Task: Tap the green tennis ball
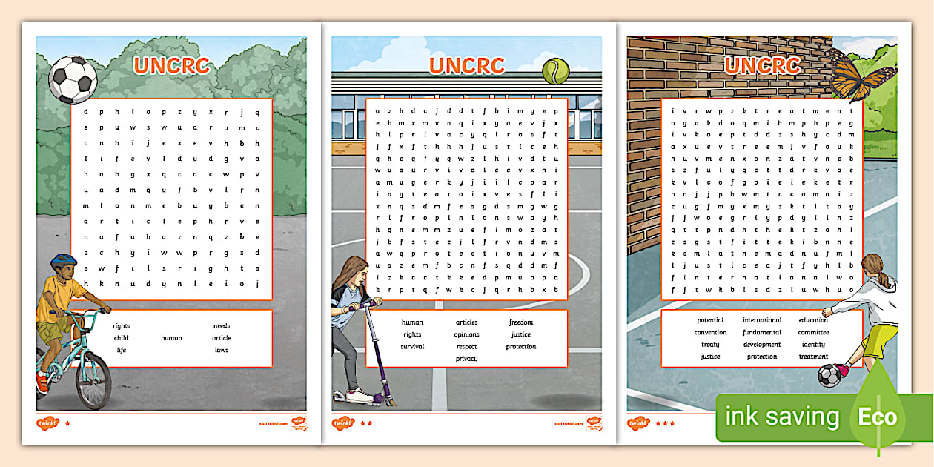coord(555,71)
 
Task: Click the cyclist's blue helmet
coord(64,261)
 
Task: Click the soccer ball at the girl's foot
coord(829,374)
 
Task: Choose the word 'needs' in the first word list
coord(222,325)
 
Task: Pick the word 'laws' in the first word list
coord(222,350)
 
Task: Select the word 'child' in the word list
coord(121,338)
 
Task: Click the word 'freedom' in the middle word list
coord(520,322)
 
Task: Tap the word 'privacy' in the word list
coord(466,359)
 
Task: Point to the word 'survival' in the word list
coord(412,346)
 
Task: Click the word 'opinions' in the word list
coord(466,334)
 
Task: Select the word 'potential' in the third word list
coord(710,320)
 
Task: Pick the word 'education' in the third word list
coord(813,320)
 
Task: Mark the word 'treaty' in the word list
coord(710,344)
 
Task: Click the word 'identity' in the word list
coord(813,344)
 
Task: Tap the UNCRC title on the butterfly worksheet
coord(761,65)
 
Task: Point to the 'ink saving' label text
coord(782,417)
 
